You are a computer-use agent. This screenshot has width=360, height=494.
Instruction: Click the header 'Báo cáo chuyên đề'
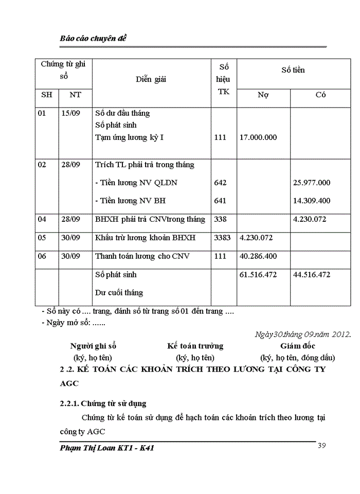click(x=93, y=39)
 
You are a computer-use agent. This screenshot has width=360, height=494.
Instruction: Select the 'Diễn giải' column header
click(x=151, y=79)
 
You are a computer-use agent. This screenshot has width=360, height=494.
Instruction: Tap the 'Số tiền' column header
click(x=293, y=69)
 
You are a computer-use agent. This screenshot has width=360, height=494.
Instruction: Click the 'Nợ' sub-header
click(x=263, y=95)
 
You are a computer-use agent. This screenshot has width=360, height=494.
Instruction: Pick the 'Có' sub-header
click(x=320, y=95)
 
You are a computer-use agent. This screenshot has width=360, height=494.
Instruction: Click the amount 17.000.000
click(x=258, y=137)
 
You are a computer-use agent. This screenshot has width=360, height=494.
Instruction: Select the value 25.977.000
click(x=312, y=183)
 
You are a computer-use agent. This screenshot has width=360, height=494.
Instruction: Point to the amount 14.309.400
click(x=312, y=201)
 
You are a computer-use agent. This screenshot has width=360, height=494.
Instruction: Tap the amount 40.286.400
click(x=258, y=256)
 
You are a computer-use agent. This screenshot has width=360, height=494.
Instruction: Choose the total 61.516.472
click(x=258, y=275)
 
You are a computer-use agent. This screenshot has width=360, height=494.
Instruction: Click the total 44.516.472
click(x=312, y=275)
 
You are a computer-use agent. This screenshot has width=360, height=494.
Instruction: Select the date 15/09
click(x=70, y=113)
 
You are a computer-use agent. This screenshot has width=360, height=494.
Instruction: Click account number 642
click(x=220, y=183)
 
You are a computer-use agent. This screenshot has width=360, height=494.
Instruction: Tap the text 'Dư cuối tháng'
click(x=119, y=293)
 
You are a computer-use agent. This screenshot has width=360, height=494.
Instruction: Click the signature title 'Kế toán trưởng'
click(x=195, y=346)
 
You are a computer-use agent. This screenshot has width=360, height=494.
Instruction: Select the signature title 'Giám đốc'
click(x=298, y=346)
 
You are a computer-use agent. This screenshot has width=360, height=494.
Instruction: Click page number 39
click(x=322, y=445)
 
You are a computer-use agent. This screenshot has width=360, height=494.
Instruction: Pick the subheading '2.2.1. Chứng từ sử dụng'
click(x=103, y=403)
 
